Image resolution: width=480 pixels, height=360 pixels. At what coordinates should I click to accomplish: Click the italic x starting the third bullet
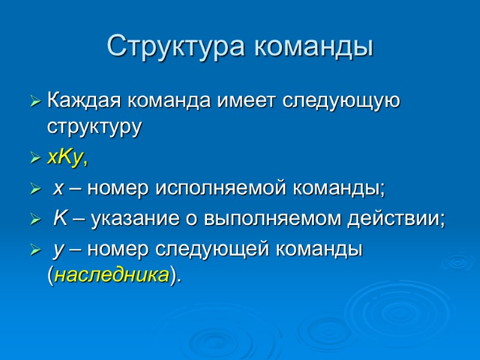[x=58, y=189]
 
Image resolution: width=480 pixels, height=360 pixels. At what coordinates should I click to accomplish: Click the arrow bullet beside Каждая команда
[x=37, y=100]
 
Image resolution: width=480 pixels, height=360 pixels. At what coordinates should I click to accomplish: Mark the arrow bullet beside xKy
[x=37, y=158]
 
